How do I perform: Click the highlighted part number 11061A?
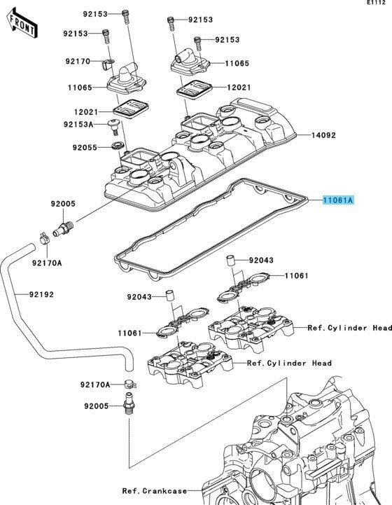tap(338, 200)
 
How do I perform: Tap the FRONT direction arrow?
tap(22, 24)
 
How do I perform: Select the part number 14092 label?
tap(323, 135)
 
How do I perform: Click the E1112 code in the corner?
tap(376, 3)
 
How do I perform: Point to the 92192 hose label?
tap(41, 294)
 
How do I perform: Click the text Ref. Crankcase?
tap(155, 491)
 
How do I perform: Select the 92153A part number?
tap(78, 124)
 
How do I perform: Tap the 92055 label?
tap(85, 148)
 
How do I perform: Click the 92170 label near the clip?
tap(78, 61)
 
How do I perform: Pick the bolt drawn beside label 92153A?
tap(113, 125)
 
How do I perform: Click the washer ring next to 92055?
tap(118, 145)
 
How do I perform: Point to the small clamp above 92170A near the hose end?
tap(44, 238)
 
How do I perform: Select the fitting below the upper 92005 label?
tap(63, 228)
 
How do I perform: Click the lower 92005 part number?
tap(97, 406)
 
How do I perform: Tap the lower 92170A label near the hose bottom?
tap(95, 385)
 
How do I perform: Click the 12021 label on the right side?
tap(239, 88)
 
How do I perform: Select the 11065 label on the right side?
tap(237, 63)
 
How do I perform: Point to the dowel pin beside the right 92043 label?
tap(231, 261)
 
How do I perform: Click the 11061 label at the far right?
tap(296, 276)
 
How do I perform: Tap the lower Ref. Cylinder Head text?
tap(289, 364)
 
